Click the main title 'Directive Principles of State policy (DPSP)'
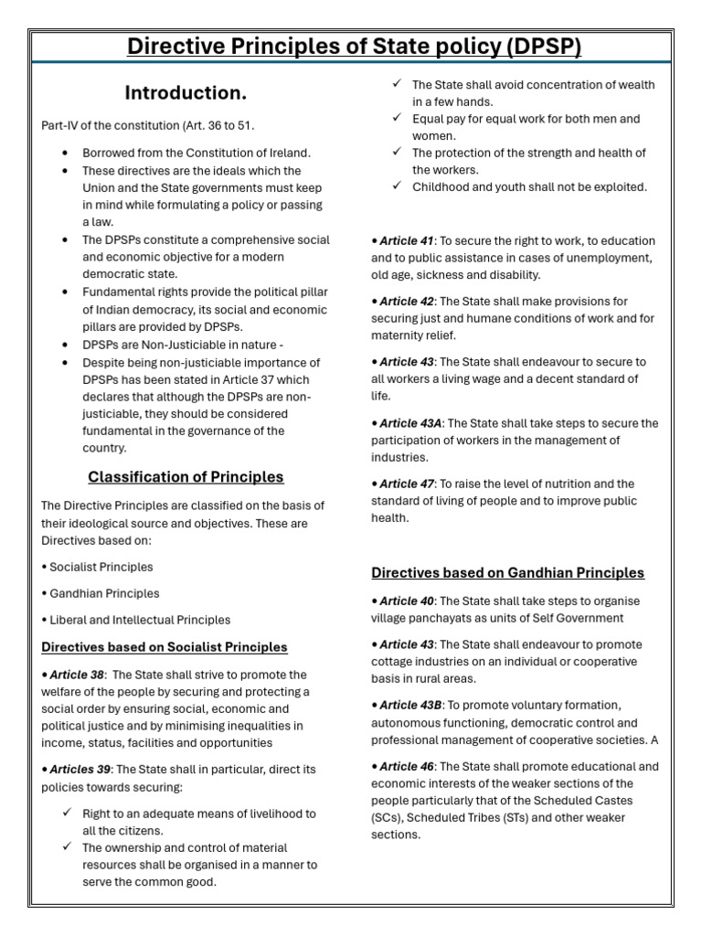pyautogui.click(x=354, y=46)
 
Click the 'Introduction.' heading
pyautogui.click(x=186, y=93)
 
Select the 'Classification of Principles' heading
pyautogui.click(x=186, y=477)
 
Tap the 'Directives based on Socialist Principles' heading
pyautogui.click(x=165, y=647)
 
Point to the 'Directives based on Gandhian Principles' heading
pyautogui.click(x=507, y=573)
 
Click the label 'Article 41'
pyautogui.click(x=406, y=241)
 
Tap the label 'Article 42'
pyautogui.click(x=406, y=302)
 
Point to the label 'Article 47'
pyautogui.click(x=406, y=484)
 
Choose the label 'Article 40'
pyautogui.click(x=406, y=601)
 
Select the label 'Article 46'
pyautogui.click(x=406, y=766)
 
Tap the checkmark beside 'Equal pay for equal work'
pyautogui.click(x=396, y=119)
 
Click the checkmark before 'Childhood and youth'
pyautogui.click(x=396, y=186)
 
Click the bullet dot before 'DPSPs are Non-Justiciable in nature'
pyautogui.click(x=65, y=345)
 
